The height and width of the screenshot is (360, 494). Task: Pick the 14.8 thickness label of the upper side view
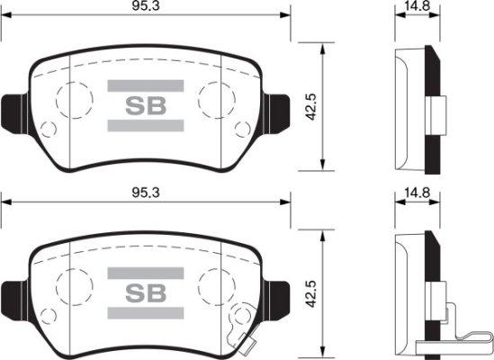pos(416,7)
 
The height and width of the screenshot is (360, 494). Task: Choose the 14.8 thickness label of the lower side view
pos(416,192)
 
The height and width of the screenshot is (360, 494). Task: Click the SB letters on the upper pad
pos(146,106)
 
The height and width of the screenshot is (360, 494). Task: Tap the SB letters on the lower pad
pos(146,293)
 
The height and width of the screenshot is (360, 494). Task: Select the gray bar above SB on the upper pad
pos(146,86)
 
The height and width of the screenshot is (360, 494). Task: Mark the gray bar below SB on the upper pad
pos(146,126)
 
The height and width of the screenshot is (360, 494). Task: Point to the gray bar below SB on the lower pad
pos(146,313)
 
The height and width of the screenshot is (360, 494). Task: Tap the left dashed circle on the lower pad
pos(74,285)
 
